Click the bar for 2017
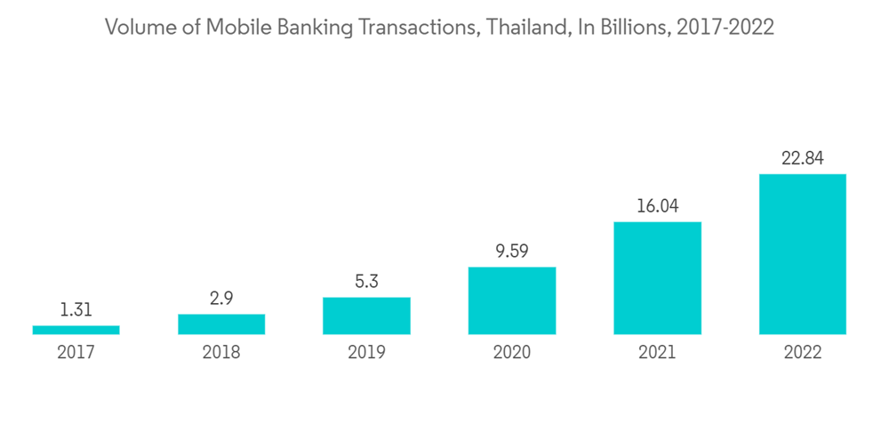(76, 330)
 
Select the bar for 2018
(221, 324)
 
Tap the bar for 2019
(366, 316)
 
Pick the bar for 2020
(512, 300)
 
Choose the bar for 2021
(657, 278)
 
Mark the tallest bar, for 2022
(803, 254)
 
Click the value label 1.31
(76, 310)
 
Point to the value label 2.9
(221, 299)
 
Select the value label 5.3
(366, 282)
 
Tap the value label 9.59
(512, 252)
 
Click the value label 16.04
(657, 206)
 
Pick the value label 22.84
(803, 158)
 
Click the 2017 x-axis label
(76, 352)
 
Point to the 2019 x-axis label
(366, 352)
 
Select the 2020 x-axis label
(512, 352)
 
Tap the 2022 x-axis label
(803, 352)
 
